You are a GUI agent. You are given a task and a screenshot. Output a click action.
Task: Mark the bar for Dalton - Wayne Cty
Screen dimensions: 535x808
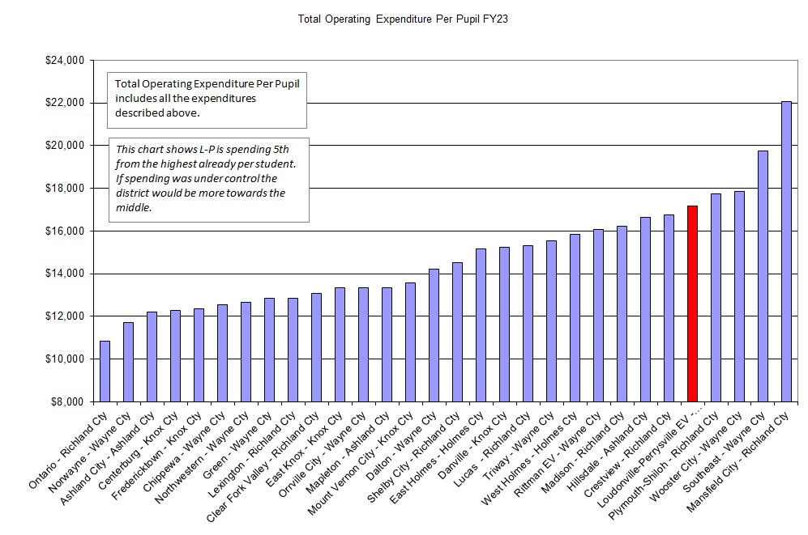(434, 335)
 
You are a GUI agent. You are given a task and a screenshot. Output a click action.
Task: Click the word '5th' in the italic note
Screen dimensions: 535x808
(279, 150)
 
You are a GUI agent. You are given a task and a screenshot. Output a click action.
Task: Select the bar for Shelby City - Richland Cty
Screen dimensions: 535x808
(457, 332)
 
